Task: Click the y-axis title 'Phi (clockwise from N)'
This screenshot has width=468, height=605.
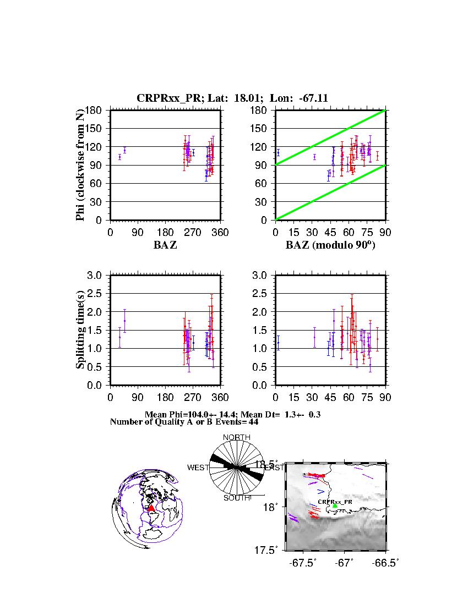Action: click(80, 165)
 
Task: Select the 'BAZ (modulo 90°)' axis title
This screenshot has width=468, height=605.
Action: click(330, 245)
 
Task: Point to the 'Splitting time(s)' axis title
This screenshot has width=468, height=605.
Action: click(80, 331)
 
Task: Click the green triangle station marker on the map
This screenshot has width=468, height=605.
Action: click(335, 505)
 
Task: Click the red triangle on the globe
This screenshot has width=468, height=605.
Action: click(151, 508)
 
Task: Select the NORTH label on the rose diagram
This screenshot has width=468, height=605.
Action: click(236, 437)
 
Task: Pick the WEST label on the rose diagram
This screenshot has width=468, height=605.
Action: click(198, 468)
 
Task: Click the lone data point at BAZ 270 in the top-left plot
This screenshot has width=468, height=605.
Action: click(193, 152)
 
